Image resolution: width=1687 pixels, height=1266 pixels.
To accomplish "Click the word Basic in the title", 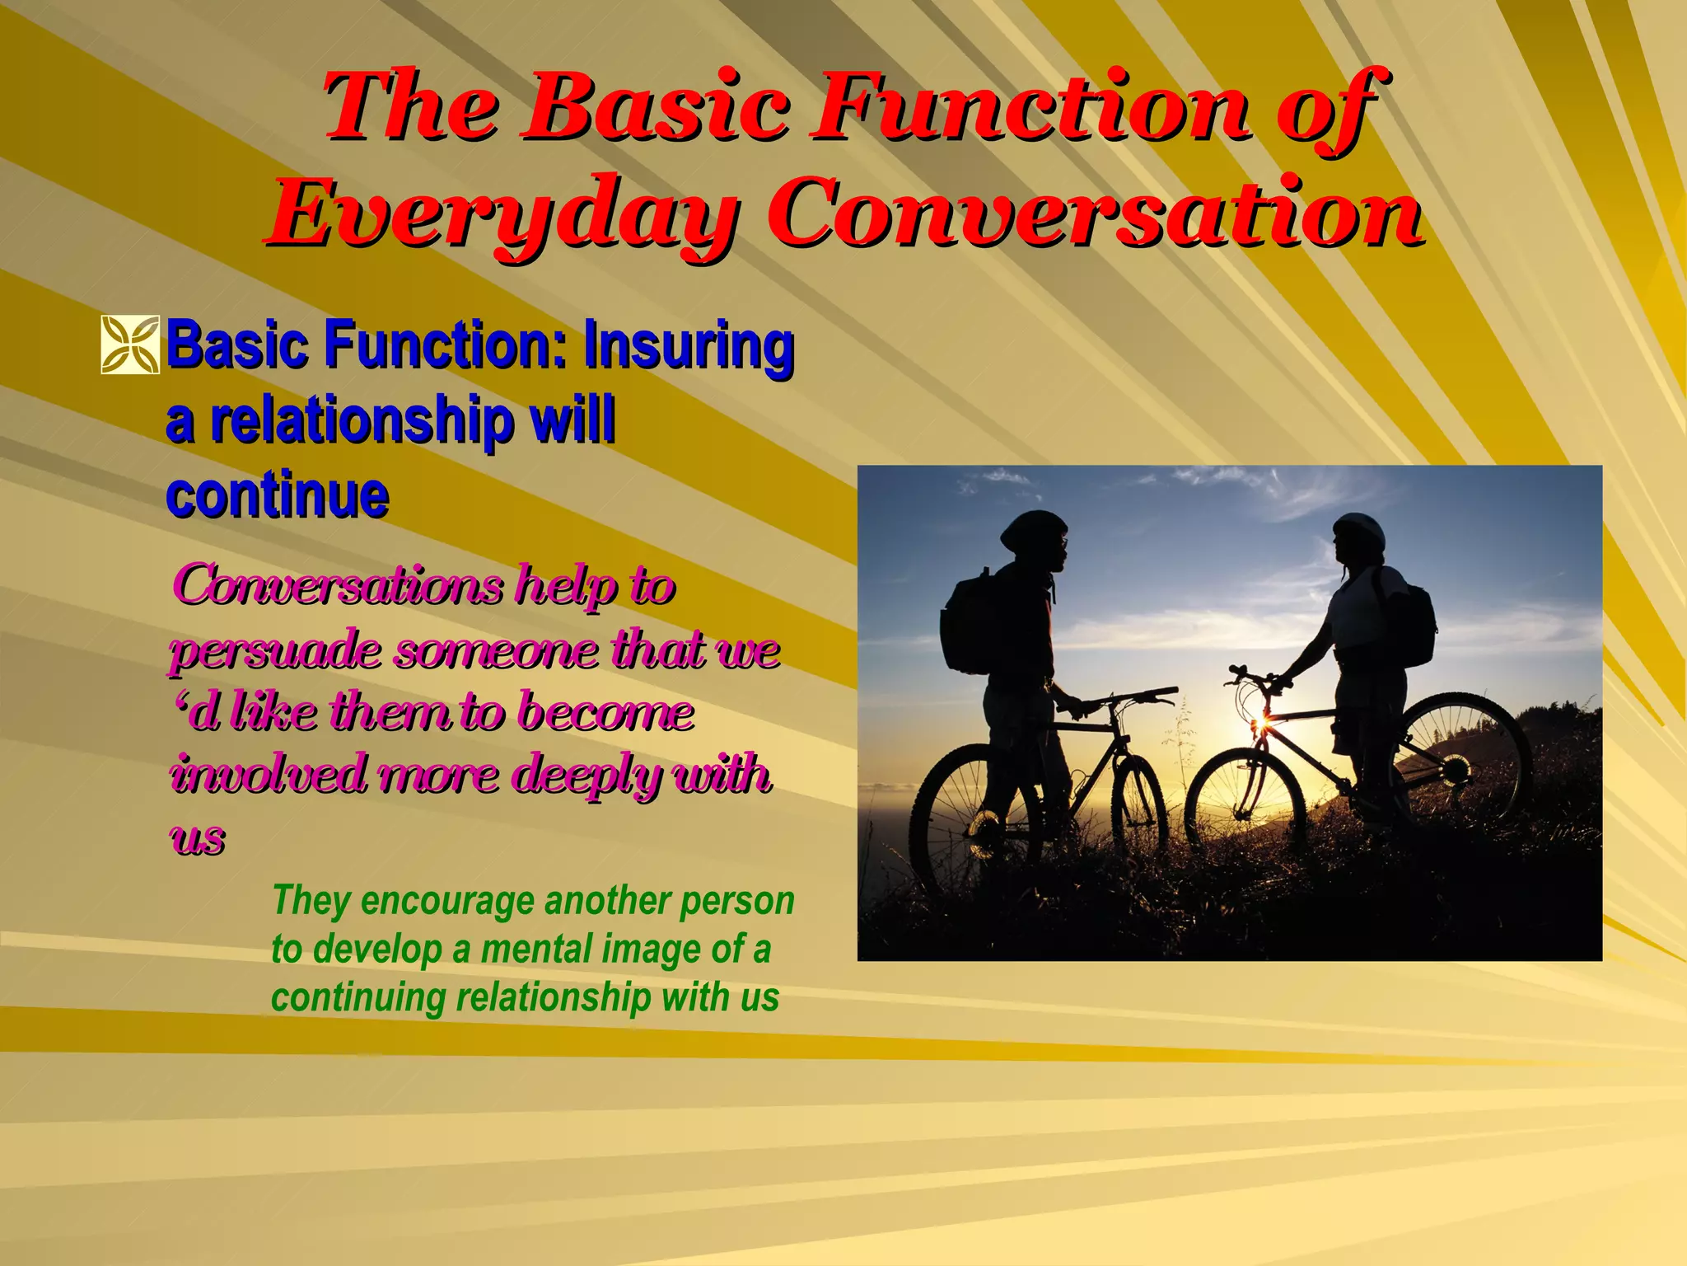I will tap(658, 107).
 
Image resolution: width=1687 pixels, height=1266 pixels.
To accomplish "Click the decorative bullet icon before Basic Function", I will tap(130, 345).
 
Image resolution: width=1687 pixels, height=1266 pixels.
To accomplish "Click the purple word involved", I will tap(269, 776).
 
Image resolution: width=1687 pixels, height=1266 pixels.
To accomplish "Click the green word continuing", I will tap(358, 997).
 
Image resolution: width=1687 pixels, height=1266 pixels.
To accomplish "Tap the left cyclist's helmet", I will tap(1033, 527).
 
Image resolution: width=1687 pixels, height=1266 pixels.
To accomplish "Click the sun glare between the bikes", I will tap(1259, 725).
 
